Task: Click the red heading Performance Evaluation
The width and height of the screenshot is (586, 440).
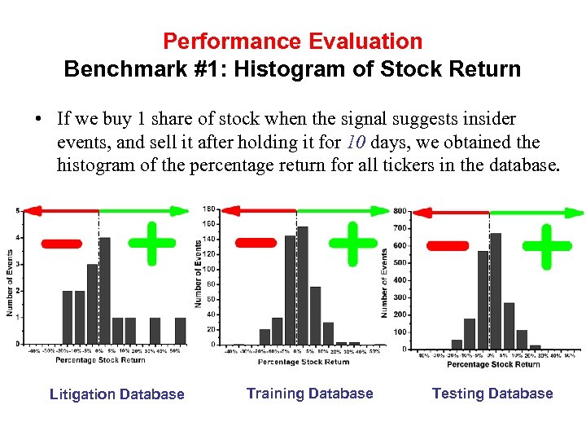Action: pos(292,41)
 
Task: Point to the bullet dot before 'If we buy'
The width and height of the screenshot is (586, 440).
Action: pos(38,121)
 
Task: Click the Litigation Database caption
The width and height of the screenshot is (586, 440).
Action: pos(117,394)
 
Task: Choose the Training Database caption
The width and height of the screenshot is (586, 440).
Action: pos(309,394)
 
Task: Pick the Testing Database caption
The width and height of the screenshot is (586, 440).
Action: pos(492,394)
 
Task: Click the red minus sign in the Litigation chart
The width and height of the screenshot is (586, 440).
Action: pos(61,242)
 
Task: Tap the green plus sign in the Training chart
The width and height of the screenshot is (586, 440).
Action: pos(352,242)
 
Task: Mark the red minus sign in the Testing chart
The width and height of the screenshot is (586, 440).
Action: pos(448,245)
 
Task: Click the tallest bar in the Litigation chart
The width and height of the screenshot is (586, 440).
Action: pos(105,290)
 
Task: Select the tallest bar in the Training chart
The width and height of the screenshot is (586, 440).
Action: pos(303,285)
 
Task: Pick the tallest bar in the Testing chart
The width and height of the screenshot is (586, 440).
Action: pos(496,291)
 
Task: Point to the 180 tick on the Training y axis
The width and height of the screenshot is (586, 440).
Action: pos(209,209)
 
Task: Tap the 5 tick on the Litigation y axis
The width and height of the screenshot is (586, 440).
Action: pos(19,211)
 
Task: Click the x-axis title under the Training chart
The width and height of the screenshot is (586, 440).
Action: pos(304,362)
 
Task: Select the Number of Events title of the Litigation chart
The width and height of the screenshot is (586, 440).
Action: pos(10,277)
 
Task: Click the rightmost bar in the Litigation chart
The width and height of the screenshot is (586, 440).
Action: pos(180,330)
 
